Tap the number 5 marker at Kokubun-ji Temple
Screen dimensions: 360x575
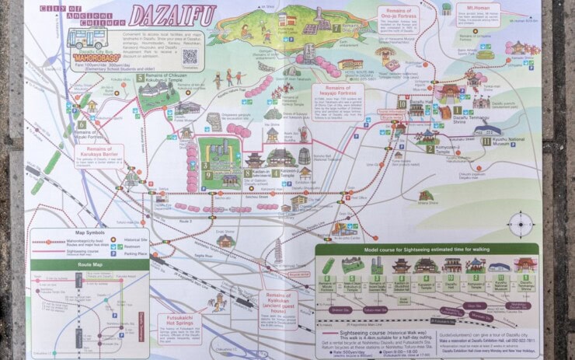[141, 78]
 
